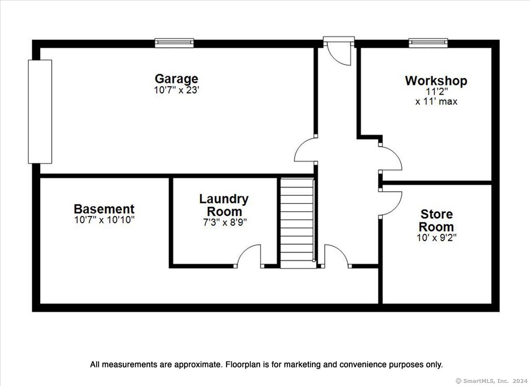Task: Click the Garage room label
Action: (176, 79)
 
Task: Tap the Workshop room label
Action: (436, 81)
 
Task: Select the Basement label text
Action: (104, 209)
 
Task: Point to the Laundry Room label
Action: (224, 205)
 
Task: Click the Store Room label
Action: (436, 221)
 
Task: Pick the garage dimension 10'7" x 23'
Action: (176, 90)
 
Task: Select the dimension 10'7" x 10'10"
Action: (104, 220)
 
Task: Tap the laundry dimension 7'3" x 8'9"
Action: (225, 222)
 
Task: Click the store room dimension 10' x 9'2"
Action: (436, 238)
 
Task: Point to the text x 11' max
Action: (436, 102)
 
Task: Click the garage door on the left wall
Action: (40, 112)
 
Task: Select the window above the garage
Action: (174, 43)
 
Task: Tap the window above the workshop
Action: (428, 43)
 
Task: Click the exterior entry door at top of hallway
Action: (339, 51)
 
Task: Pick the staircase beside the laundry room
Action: (298, 223)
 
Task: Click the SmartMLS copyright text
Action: (491, 381)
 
